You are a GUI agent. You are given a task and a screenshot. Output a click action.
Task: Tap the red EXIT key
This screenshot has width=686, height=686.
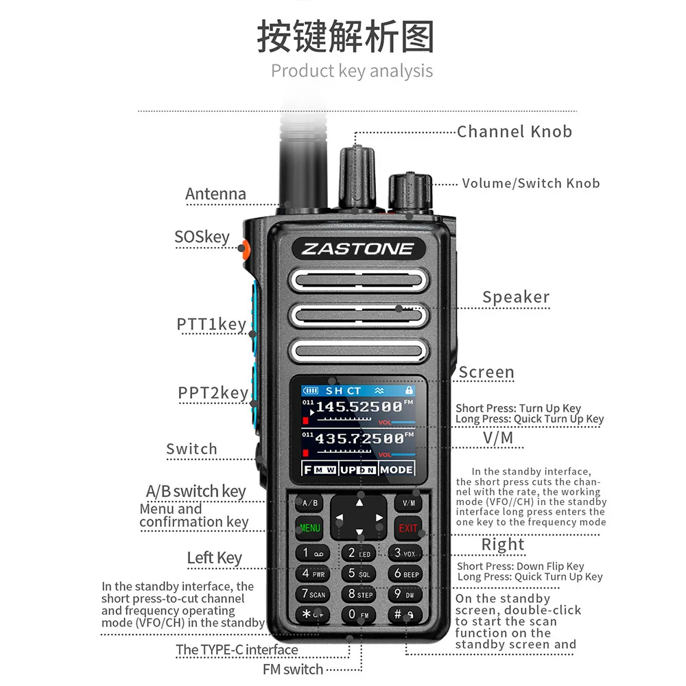(407, 528)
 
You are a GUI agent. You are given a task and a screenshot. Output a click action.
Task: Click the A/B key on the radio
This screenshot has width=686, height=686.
(310, 503)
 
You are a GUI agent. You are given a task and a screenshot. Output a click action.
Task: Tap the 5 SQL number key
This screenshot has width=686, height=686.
(359, 573)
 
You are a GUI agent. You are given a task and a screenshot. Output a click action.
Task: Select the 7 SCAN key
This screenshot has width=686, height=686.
(313, 594)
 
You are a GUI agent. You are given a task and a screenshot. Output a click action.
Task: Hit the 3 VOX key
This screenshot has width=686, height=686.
(405, 553)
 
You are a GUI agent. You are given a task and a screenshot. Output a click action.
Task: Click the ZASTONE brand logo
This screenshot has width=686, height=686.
(358, 249)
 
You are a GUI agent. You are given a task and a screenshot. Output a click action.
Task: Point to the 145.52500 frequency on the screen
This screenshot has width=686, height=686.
(359, 407)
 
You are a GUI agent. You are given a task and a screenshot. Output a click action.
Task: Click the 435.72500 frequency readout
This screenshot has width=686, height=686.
(359, 438)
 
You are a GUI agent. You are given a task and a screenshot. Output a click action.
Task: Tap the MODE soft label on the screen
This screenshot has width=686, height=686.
(397, 470)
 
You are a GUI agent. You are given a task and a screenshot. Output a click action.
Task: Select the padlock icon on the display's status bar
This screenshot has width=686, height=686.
(409, 390)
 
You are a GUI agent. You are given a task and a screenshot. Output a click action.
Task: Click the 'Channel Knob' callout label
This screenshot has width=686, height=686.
(514, 131)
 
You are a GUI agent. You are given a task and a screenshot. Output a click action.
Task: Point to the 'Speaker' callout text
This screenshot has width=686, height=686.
(516, 297)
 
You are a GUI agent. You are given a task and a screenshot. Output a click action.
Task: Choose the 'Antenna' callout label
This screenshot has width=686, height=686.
(215, 194)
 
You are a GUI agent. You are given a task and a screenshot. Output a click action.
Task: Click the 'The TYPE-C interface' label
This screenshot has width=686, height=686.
(237, 650)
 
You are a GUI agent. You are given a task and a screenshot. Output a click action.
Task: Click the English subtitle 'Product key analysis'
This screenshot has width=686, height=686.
(352, 71)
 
